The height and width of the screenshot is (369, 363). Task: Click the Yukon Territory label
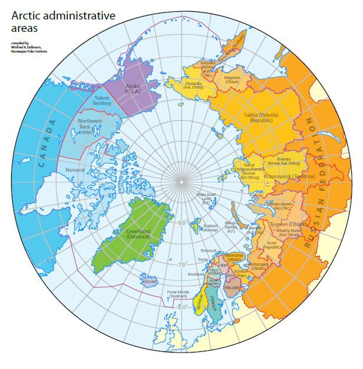[x=103, y=101]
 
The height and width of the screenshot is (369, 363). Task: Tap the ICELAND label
[x=149, y=282]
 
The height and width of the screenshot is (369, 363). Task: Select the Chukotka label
[x=193, y=86]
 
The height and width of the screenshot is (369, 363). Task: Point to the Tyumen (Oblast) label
[x=286, y=225]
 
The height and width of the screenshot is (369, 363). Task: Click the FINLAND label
[x=232, y=287]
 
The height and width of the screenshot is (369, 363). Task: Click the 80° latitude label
[x=183, y=223]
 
